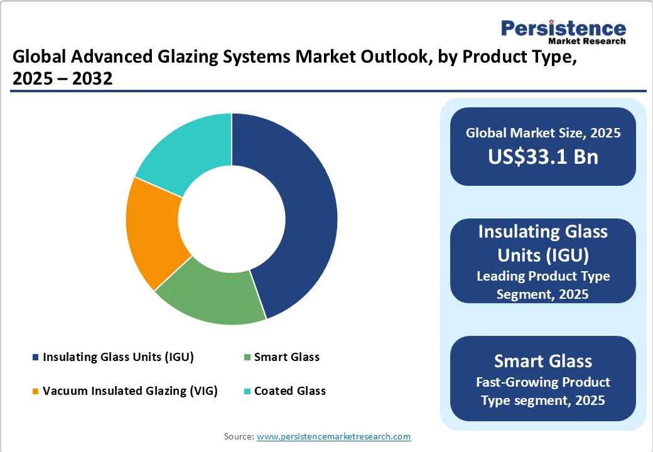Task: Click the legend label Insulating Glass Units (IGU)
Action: click(x=118, y=357)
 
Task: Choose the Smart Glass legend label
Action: click(x=286, y=357)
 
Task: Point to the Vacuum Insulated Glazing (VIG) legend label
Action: click(x=130, y=391)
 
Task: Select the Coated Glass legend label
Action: click(x=289, y=391)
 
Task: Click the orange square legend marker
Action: click(x=36, y=392)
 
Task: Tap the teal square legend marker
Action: click(x=247, y=392)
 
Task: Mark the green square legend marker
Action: click(x=247, y=358)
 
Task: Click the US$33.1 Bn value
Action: click(x=543, y=156)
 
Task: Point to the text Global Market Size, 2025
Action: click(x=543, y=132)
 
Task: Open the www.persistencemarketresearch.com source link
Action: click(x=333, y=436)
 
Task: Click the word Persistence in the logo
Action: click(x=563, y=28)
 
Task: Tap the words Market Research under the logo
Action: click(x=587, y=41)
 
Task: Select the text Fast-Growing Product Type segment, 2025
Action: click(x=543, y=390)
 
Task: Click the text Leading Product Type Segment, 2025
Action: click(x=543, y=284)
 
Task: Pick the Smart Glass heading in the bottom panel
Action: click(x=543, y=361)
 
